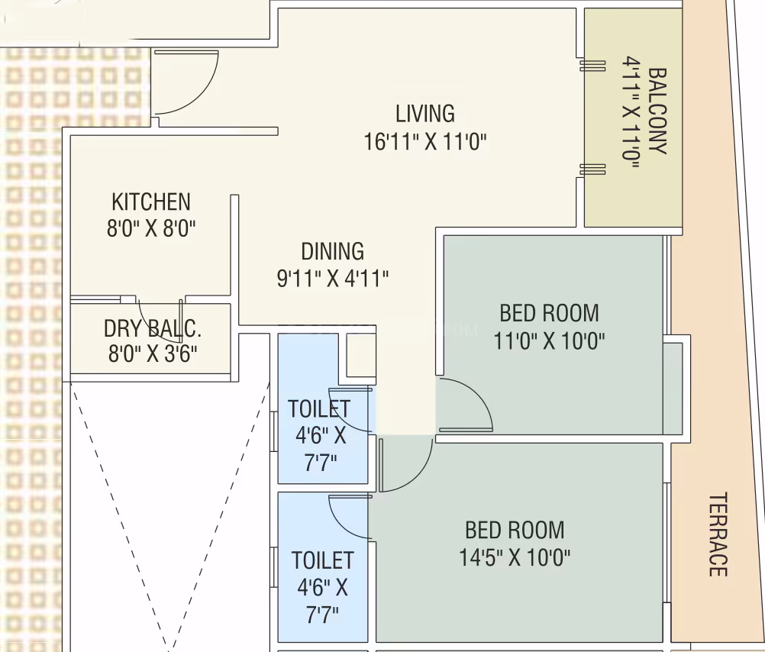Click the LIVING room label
[x=425, y=114]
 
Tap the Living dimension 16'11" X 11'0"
[x=425, y=142]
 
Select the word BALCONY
[x=657, y=111]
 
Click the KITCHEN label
[x=150, y=202]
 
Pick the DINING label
[x=332, y=252]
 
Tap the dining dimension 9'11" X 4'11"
[x=333, y=279]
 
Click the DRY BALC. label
[x=152, y=329]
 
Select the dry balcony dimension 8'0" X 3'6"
[x=153, y=353]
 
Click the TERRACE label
[x=718, y=534]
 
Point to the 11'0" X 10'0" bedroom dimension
[x=550, y=341]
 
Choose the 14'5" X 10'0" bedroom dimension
[x=515, y=557]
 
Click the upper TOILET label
[x=319, y=409]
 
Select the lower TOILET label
[x=322, y=560]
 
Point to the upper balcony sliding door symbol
[x=592, y=66]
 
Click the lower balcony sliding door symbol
[x=592, y=169]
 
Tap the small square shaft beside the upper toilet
[x=361, y=355]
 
